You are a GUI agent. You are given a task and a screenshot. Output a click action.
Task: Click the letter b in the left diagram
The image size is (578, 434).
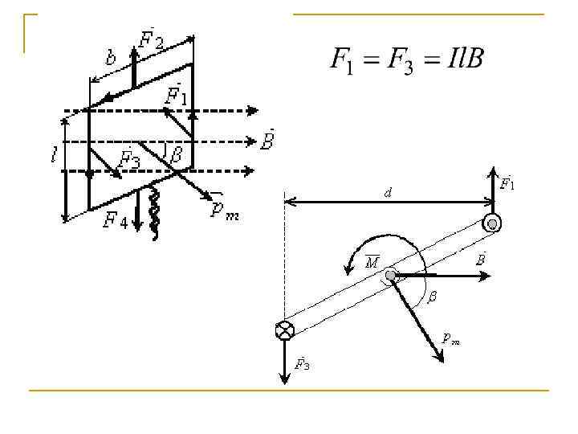pyautogui.click(x=110, y=58)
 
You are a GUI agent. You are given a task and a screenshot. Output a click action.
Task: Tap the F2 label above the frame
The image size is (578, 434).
pyautogui.click(x=152, y=39)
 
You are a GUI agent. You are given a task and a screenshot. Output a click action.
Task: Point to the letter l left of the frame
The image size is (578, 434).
pyautogui.click(x=54, y=156)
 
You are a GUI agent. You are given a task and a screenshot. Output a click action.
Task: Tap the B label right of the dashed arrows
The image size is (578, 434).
pyautogui.click(x=269, y=141)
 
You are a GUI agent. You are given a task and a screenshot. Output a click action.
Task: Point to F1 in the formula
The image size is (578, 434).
pyautogui.click(x=342, y=60)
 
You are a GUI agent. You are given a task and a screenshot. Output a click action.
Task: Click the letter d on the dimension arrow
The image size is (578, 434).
pyautogui.click(x=389, y=194)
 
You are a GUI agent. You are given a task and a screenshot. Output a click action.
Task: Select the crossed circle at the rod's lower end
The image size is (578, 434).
pyautogui.click(x=284, y=330)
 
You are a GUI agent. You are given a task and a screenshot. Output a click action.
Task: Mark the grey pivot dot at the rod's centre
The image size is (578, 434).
pyautogui.click(x=390, y=276)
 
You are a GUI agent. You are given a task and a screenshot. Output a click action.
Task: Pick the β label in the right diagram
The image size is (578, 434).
pyautogui.click(x=432, y=297)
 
